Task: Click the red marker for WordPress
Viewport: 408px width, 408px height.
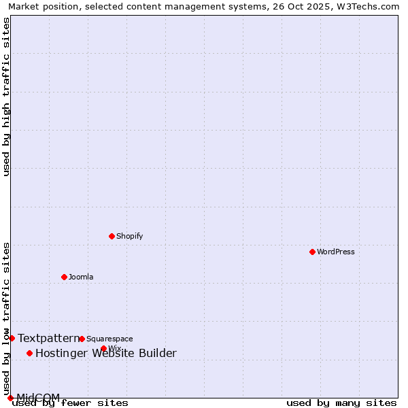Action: pyautogui.click(x=312, y=252)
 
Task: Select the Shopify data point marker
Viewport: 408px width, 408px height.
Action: pyautogui.click(x=112, y=236)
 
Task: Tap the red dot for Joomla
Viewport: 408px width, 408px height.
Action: pyautogui.click(x=64, y=277)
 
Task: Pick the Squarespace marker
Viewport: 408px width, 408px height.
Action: pyautogui.click(x=82, y=339)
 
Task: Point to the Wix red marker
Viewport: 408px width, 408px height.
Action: pyautogui.click(x=103, y=348)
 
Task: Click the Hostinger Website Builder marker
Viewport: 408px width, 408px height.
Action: pyautogui.click(x=29, y=353)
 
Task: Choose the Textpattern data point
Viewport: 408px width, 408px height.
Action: pyautogui.click(x=12, y=338)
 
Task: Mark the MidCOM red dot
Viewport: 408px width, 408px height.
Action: pyautogui.click(x=10, y=398)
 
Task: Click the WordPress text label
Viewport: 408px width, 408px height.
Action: pyautogui.click(x=336, y=252)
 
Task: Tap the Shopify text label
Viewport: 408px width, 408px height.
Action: pyautogui.click(x=129, y=236)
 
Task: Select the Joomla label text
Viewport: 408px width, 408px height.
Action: pyautogui.click(x=81, y=277)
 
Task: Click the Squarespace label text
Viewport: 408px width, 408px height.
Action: pyautogui.click(x=109, y=339)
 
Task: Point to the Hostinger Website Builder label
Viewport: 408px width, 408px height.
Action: pyautogui.click(x=105, y=353)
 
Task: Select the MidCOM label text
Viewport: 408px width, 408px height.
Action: pyautogui.click(x=38, y=397)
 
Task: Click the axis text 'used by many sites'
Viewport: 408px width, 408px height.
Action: pyautogui.click(x=341, y=403)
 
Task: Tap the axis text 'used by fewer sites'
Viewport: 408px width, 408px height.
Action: pyautogui.click(x=71, y=403)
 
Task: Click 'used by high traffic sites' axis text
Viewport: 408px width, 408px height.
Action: pyautogui.click(x=7, y=97)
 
